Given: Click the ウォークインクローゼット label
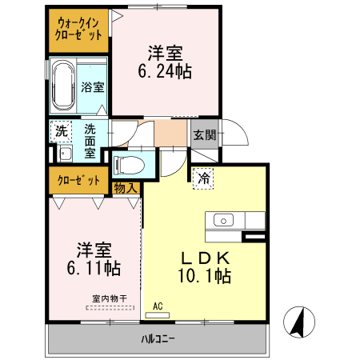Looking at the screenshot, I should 78,29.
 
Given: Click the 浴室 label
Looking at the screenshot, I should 93,87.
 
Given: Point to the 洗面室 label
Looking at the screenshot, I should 90,140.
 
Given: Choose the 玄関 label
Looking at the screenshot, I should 204,135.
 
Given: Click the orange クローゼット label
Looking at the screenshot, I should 78,180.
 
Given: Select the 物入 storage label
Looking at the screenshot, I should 126,188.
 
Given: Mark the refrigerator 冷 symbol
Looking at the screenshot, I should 204,178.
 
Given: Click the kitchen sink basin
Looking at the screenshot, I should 222,220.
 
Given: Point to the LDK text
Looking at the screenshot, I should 204,258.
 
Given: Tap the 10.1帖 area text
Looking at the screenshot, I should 204,277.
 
